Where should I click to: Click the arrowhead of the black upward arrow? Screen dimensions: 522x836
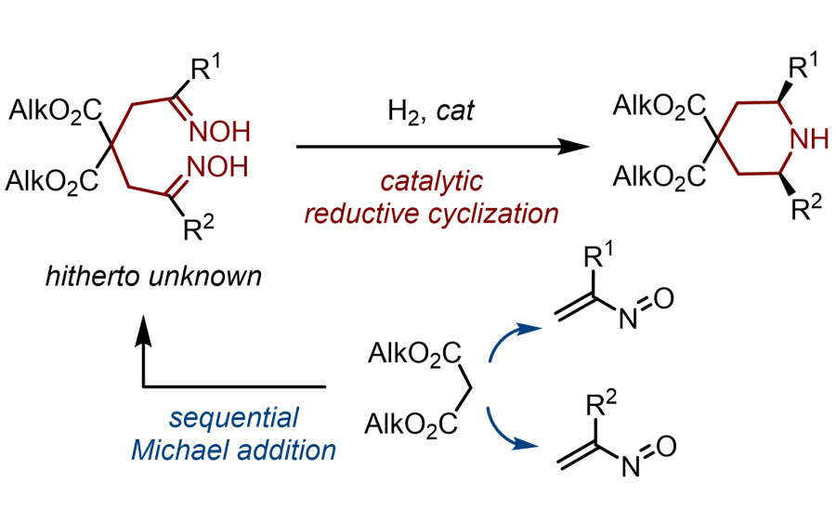tap(144, 325)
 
